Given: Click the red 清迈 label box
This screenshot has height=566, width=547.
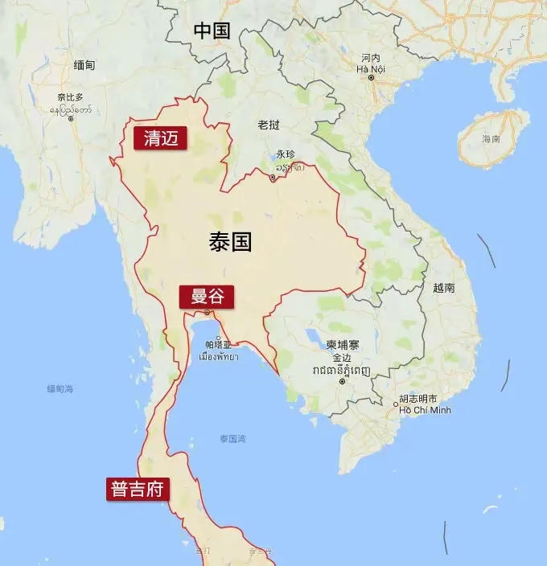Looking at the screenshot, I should click(x=160, y=138).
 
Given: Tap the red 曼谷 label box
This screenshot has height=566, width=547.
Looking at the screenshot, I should click(x=207, y=297).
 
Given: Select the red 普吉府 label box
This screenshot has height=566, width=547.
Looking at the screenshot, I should click(x=138, y=489).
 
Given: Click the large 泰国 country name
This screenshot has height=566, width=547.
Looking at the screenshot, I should click(x=230, y=242).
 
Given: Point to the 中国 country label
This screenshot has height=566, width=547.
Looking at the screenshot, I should click(x=212, y=31).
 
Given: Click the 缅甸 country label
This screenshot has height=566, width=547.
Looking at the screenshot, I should click(x=84, y=65).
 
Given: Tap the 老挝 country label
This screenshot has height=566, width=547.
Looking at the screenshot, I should click(x=269, y=125).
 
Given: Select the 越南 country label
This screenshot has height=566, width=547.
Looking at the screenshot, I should click(x=443, y=288).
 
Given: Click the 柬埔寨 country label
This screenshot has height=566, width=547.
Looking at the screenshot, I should click(x=343, y=344).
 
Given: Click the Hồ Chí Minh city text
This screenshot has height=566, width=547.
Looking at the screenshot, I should click(x=426, y=410).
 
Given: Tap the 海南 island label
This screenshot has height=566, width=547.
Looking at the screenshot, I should click(x=491, y=139).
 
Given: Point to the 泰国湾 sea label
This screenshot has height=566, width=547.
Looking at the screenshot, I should click(x=232, y=439).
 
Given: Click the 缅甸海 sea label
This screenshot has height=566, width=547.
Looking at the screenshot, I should click(x=60, y=389).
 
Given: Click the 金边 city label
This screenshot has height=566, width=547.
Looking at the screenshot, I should click(x=342, y=357).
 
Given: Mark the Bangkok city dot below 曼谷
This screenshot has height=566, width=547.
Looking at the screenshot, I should click(x=207, y=312).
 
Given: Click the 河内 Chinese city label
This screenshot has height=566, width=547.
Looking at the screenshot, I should click(x=371, y=58).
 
